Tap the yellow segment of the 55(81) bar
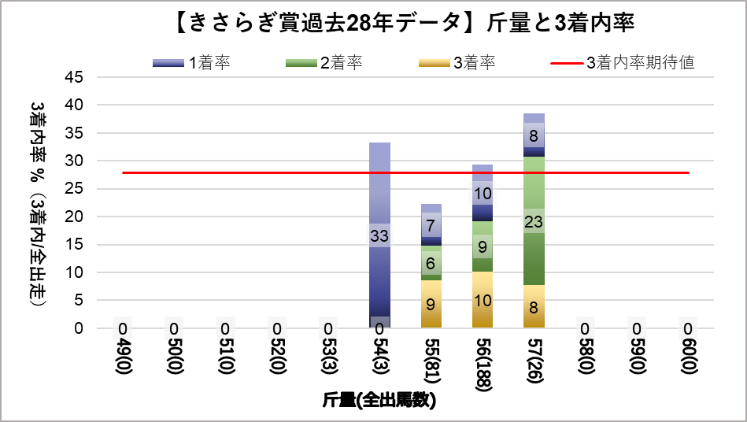tap(431, 304)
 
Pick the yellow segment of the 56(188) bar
tap(483, 300)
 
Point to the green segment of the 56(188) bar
tap(483, 246)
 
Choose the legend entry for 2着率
tap(324, 63)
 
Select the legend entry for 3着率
tap(457, 63)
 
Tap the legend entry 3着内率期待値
tap(621, 63)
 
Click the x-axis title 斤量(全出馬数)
tap(379, 401)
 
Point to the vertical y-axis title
tap(37, 203)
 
